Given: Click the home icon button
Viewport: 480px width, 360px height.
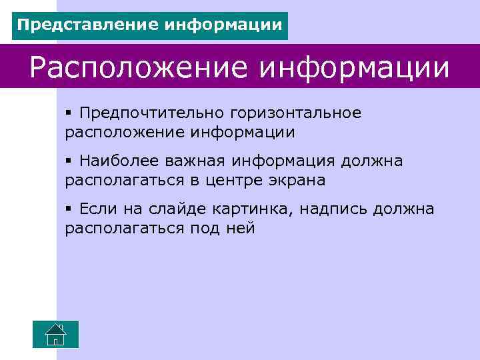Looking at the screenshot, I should coord(56,334).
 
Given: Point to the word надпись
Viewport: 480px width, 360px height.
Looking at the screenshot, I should coord(333,209).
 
